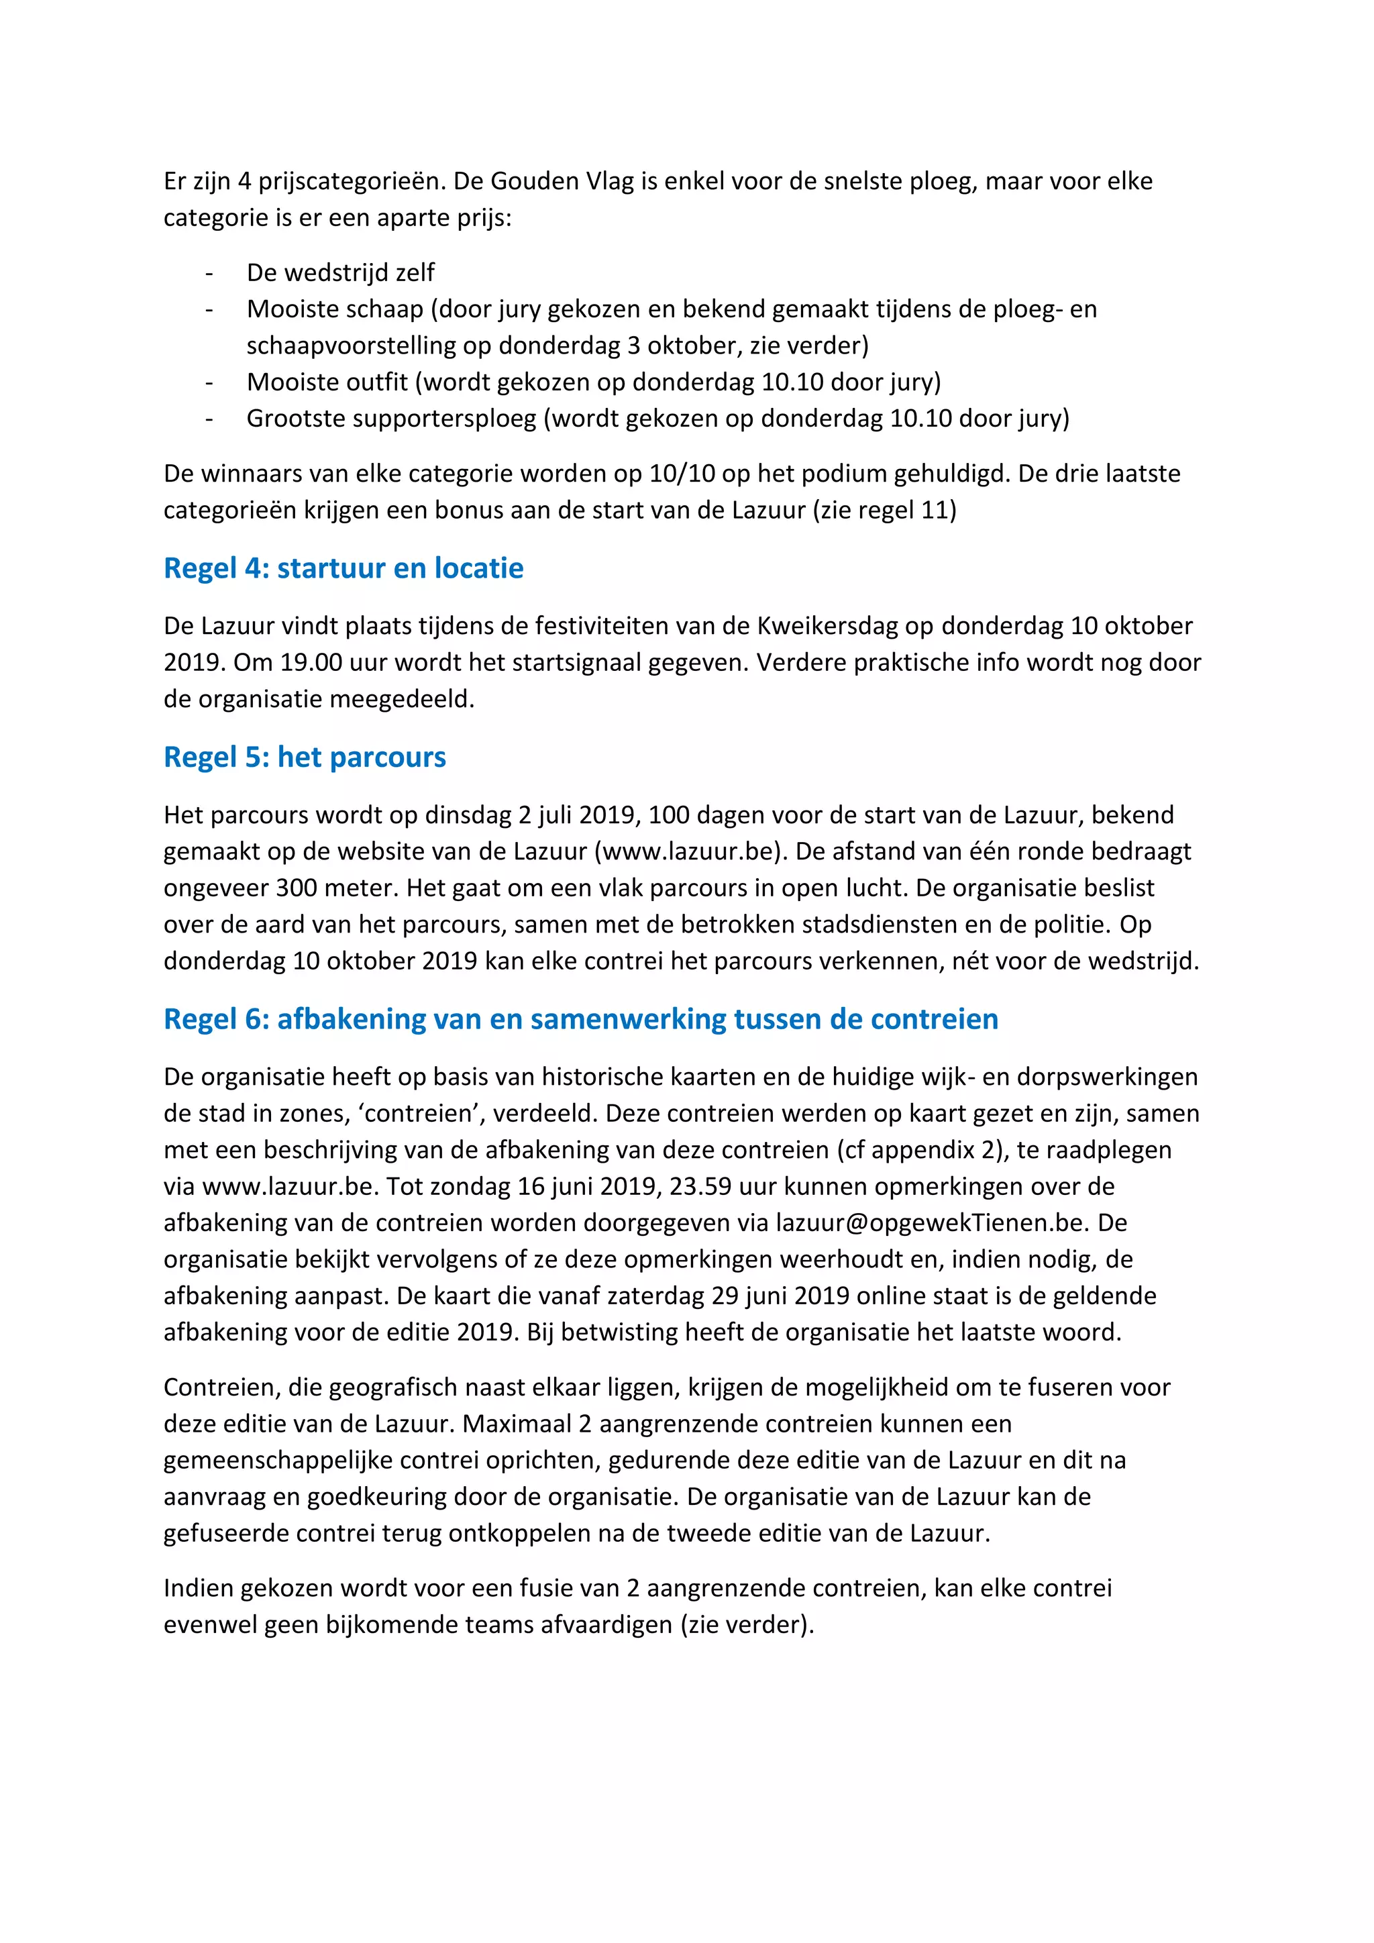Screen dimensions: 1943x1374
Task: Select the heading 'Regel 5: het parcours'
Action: [x=305, y=757]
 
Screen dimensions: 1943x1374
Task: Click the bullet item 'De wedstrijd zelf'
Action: [x=340, y=272]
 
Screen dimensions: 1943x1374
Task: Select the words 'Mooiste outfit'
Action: [x=327, y=382]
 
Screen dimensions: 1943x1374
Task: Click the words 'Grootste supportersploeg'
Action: [x=391, y=418]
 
